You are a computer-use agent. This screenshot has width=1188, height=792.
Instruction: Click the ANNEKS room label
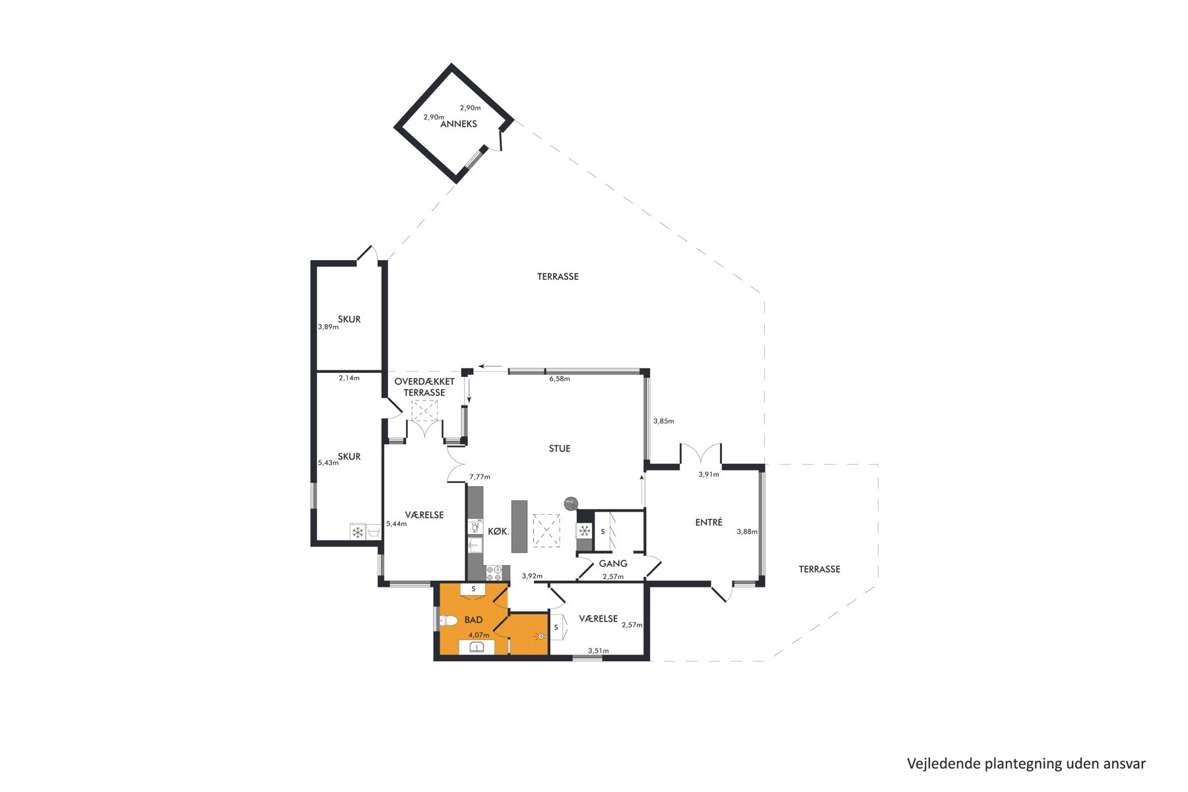(x=458, y=124)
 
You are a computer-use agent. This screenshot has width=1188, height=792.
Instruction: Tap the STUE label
(x=560, y=449)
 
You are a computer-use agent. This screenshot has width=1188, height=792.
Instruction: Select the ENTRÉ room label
(x=709, y=522)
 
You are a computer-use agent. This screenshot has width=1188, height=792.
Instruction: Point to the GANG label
(x=613, y=564)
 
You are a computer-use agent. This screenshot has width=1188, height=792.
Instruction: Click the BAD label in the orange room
(x=473, y=620)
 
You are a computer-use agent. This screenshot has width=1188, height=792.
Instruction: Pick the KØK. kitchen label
(x=498, y=531)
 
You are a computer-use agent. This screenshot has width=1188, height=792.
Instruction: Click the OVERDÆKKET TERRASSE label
(x=424, y=387)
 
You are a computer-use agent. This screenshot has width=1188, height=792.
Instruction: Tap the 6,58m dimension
(x=560, y=379)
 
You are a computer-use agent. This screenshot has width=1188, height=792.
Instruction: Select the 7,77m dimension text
(x=480, y=477)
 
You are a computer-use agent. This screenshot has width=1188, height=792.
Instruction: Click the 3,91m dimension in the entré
(x=709, y=474)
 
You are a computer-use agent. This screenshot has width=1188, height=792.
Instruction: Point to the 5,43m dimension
(x=328, y=463)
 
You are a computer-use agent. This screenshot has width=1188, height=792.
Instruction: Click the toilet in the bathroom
(x=449, y=620)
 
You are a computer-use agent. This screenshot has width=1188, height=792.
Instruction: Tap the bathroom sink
(x=477, y=647)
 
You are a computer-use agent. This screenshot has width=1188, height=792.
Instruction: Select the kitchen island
(x=519, y=526)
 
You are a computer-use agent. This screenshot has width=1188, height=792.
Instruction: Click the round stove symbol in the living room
(x=570, y=504)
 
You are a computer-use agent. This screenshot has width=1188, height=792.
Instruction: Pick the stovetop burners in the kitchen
(x=494, y=573)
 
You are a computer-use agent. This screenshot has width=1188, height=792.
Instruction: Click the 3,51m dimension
(x=598, y=651)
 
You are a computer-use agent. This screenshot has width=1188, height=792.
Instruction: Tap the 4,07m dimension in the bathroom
(x=478, y=635)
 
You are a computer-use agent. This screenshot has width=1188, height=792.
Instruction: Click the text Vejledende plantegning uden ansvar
(x=1026, y=764)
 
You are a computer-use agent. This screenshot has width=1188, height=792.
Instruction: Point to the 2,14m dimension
(x=349, y=378)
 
